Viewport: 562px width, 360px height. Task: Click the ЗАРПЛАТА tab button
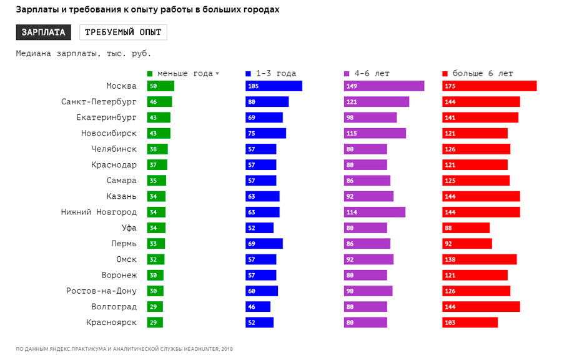43,32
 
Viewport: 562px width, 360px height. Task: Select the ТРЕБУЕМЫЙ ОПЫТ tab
123,32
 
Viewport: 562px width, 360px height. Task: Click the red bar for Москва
489,86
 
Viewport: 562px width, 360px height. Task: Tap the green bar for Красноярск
155,322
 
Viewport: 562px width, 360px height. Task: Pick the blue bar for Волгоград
258,307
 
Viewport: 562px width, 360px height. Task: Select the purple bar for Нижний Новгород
374,212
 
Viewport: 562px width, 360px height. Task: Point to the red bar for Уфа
466,228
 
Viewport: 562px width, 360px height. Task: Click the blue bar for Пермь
264,244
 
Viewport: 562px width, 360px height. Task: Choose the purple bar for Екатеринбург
370,117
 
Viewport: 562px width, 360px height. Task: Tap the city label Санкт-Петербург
99,102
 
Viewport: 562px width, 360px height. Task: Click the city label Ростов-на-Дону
101,291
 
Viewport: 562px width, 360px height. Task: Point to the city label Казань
121,197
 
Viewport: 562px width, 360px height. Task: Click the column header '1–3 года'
275,73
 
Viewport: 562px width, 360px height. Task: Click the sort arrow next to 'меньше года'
217,74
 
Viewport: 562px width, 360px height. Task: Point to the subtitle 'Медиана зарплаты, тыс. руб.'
83,53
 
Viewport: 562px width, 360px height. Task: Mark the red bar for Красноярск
470,322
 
